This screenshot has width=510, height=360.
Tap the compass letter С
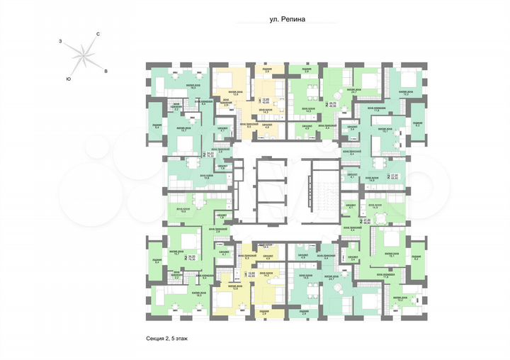[98, 35]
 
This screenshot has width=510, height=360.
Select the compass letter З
[62, 43]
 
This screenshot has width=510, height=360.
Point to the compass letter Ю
[67, 77]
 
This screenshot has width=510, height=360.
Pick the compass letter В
[106, 71]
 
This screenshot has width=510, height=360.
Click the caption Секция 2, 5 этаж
[163, 338]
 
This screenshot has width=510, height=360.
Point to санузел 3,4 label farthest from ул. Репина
[353, 260]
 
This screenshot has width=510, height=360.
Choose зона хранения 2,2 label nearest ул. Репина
[176, 109]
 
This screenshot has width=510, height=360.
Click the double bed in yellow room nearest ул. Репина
[231, 79]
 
